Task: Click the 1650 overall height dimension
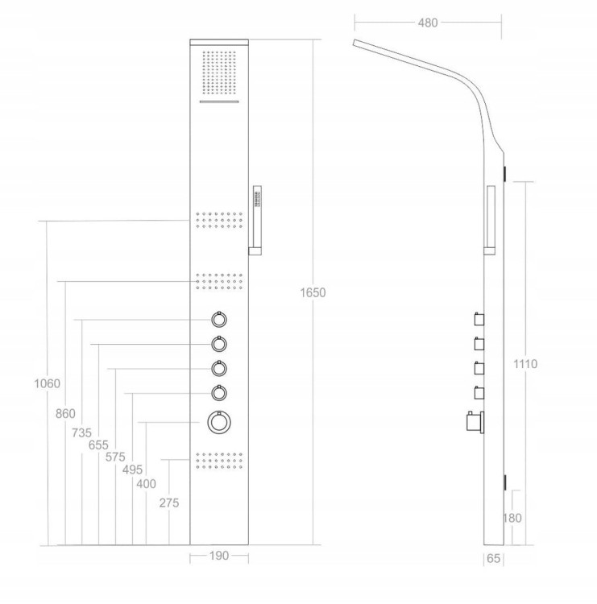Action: [313, 293]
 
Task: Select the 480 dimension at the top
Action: [428, 23]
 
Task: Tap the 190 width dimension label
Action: [219, 556]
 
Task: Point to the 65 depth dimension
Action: [493, 558]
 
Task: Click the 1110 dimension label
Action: [525, 364]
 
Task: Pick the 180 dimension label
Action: [512, 518]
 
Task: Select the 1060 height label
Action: [47, 383]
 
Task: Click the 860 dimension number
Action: [65, 414]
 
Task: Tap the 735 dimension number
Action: [81, 433]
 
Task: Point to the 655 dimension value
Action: [98, 445]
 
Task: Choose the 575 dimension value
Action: [115, 457]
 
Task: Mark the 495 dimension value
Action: [132, 470]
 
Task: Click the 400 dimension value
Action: [146, 484]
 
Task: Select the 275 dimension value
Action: [169, 503]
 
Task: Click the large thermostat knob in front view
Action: [219, 422]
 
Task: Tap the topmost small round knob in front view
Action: [219, 320]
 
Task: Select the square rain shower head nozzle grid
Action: [219, 73]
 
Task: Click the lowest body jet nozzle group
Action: [219, 461]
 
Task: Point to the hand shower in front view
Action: [255, 221]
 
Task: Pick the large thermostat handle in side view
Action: [475, 421]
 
